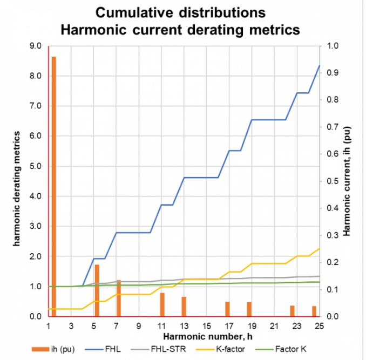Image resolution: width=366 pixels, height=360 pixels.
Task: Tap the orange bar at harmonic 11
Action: point(162,304)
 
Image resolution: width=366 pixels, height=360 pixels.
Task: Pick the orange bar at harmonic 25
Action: point(314,311)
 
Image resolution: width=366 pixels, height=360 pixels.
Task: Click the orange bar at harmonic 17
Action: point(228,309)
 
